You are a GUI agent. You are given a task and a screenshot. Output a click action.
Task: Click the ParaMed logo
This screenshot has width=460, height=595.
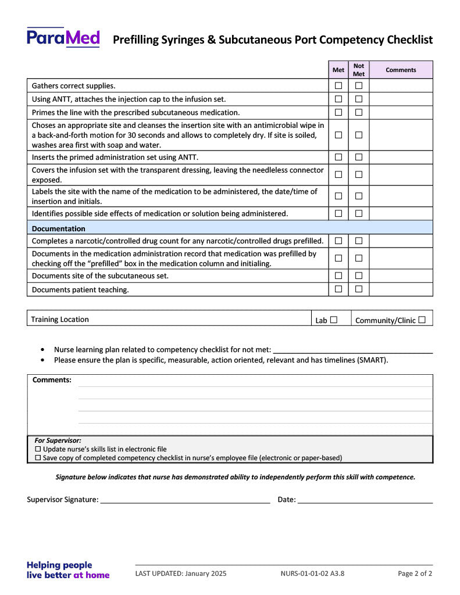click(x=63, y=38)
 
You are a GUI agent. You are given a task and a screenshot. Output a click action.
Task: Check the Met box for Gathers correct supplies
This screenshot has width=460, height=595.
click(x=338, y=85)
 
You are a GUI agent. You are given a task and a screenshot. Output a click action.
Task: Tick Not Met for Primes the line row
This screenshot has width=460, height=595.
click(x=359, y=113)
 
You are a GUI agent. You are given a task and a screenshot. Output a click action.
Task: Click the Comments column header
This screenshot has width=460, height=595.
click(x=401, y=70)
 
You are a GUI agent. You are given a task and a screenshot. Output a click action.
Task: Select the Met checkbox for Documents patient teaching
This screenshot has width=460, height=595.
click(x=338, y=289)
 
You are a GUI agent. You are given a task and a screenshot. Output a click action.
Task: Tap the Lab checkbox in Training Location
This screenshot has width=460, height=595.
click(x=334, y=320)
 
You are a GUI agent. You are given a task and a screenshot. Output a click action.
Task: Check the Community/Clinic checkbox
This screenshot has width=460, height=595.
click(x=422, y=320)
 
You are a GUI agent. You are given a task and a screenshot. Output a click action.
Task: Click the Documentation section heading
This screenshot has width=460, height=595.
click(x=58, y=228)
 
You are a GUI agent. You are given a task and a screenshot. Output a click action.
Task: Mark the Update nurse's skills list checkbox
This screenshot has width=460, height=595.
click(x=38, y=449)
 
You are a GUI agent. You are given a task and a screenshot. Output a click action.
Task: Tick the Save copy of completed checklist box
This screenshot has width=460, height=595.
click(x=38, y=458)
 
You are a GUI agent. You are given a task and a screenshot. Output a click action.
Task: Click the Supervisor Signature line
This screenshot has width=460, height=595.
click(x=185, y=500)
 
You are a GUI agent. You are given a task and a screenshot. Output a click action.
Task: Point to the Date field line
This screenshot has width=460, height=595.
click(x=365, y=500)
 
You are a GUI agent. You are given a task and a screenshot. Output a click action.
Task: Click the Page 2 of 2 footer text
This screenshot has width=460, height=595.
click(x=415, y=574)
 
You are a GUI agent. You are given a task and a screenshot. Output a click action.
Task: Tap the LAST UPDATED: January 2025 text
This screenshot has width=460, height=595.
click(x=181, y=574)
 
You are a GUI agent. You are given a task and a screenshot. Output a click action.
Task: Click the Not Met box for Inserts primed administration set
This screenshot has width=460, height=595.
click(x=359, y=157)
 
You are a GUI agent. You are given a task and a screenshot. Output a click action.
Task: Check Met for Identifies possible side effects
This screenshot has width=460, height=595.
click(x=338, y=213)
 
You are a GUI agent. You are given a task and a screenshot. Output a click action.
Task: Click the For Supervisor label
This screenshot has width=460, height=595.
click(x=58, y=440)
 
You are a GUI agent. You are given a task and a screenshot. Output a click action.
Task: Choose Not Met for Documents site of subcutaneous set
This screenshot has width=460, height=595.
click(x=359, y=275)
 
